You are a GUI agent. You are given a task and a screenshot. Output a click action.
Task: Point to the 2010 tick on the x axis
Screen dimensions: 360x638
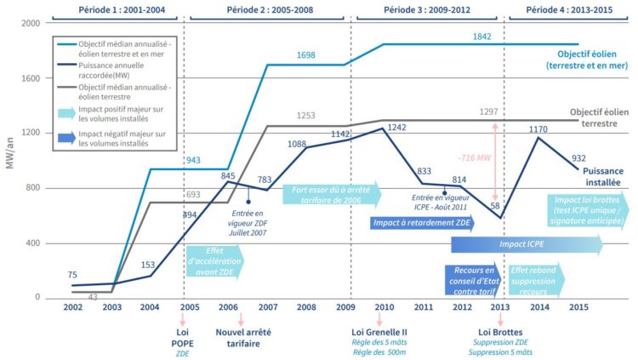click(x=384, y=306)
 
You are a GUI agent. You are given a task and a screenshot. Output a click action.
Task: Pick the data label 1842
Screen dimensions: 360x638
click(x=482, y=37)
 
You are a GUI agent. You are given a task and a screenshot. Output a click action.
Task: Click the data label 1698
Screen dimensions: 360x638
click(x=306, y=55)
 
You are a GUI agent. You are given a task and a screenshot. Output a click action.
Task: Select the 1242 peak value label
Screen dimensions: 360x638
click(x=396, y=127)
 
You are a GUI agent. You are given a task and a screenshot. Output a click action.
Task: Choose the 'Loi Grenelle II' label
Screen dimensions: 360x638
click(x=384, y=333)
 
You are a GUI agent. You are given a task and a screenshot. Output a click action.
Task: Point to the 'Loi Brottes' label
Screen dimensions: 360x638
click(x=499, y=333)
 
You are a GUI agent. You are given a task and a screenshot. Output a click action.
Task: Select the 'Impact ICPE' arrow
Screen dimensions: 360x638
click(x=525, y=245)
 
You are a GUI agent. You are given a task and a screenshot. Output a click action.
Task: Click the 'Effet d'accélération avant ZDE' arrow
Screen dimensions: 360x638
click(x=214, y=262)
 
